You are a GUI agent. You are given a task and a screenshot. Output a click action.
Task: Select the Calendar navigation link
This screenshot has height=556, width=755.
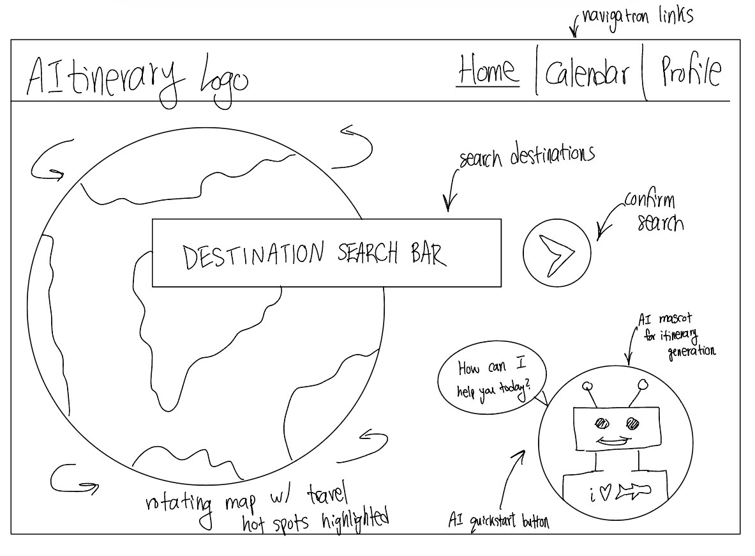point(587,74)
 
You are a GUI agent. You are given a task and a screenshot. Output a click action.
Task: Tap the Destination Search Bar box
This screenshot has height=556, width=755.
point(326,253)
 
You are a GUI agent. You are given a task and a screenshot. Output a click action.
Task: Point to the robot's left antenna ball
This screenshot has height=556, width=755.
point(588,386)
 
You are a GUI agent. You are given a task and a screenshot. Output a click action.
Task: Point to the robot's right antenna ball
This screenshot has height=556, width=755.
point(643,384)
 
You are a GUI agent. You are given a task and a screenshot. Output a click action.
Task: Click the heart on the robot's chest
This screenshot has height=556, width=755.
point(605,493)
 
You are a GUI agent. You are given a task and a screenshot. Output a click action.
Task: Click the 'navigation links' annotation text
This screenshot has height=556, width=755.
point(637,15)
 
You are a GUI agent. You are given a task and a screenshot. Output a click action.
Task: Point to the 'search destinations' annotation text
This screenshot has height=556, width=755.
point(527,156)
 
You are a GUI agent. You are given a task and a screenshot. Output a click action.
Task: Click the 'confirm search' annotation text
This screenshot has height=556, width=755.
point(653,211)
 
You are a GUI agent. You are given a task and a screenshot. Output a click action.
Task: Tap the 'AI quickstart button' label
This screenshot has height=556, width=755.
point(499,521)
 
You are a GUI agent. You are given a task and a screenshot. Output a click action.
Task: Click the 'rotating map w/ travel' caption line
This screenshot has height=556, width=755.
point(248,500)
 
